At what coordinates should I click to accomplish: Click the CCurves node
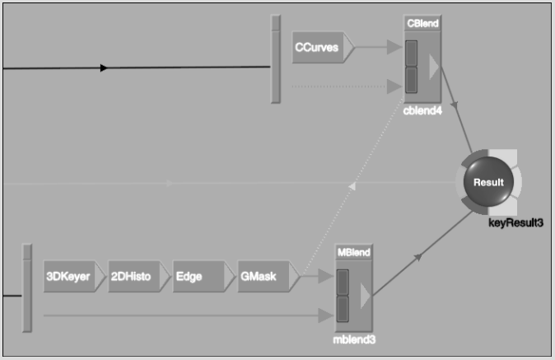(x=323, y=48)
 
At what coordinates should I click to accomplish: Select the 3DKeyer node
(x=74, y=277)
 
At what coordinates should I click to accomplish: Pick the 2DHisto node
(x=139, y=277)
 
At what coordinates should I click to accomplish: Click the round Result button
(x=488, y=182)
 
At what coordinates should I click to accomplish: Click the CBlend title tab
(x=422, y=23)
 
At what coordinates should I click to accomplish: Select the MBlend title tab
(x=354, y=252)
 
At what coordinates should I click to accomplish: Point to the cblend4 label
(x=422, y=110)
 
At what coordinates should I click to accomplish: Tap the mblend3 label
(x=354, y=340)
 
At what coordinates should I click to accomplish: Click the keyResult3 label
(x=515, y=222)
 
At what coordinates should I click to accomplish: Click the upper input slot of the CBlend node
(x=411, y=54)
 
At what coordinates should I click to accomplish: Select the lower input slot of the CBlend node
(x=411, y=81)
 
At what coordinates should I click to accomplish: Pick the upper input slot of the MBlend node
(x=343, y=283)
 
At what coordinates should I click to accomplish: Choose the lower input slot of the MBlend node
(x=343, y=310)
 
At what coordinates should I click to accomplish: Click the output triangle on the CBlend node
(x=434, y=67)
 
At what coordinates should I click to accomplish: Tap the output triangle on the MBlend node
(x=365, y=296)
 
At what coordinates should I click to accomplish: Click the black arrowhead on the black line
(x=104, y=68)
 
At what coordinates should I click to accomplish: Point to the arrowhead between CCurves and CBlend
(x=394, y=47)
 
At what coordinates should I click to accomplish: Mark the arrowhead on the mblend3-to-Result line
(x=418, y=257)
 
